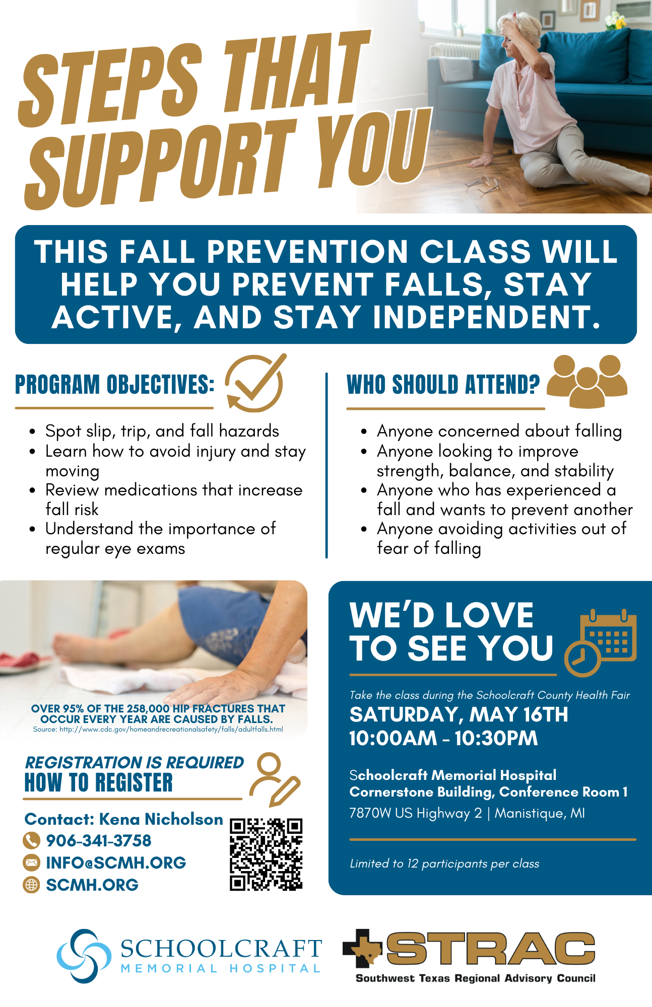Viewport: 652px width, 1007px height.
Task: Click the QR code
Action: pos(266,854)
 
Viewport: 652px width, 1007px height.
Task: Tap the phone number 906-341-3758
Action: pos(99,840)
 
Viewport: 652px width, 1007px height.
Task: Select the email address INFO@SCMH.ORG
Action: pos(116,862)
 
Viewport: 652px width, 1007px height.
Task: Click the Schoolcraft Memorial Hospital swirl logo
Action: pos(84,956)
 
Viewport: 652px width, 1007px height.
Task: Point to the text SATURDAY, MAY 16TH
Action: pos(459,714)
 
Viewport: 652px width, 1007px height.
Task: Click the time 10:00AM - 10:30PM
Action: pos(444,738)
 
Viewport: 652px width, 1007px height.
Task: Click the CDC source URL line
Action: pos(158,729)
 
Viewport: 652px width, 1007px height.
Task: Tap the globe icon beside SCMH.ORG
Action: pos(31,885)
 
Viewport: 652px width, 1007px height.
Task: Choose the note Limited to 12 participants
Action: pos(444,864)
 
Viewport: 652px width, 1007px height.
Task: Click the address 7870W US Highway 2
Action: pos(416,813)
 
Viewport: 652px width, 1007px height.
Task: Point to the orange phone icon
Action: pos(31,840)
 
